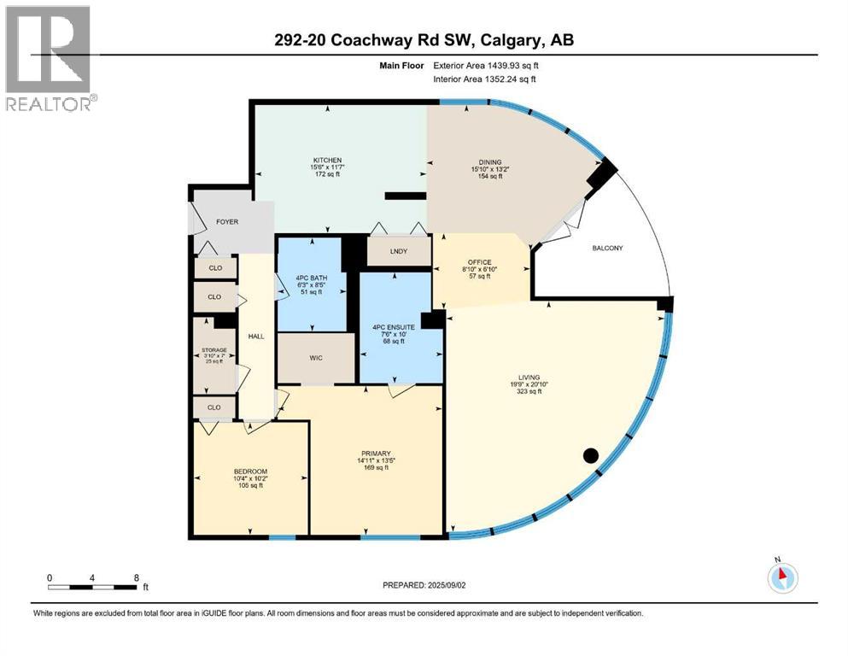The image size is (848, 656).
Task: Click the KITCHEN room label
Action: pos(327,161)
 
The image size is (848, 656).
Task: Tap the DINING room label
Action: pos(490,161)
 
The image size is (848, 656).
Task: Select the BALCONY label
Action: pos(607,249)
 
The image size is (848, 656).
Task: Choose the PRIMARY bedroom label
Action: pos(375,453)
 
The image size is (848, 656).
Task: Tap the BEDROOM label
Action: pos(251,471)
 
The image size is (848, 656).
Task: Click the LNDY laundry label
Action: pos(398,251)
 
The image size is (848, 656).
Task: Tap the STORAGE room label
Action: pos(214,350)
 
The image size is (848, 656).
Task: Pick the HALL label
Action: pos(256,337)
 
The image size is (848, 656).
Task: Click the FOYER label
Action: pos(226,222)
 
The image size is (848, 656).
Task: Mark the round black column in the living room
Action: pos(590,455)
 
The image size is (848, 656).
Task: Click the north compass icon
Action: pos(781,577)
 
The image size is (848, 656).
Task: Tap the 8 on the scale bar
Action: pos(137,577)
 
